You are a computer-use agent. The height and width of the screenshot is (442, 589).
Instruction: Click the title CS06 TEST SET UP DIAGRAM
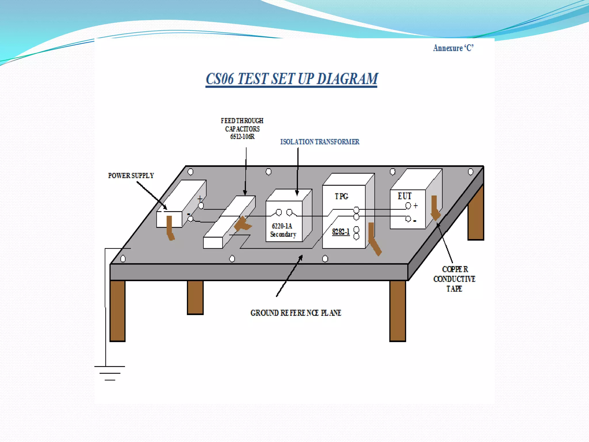[x=292, y=79]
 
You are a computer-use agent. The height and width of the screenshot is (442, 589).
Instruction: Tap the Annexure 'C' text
[x=453, y=48]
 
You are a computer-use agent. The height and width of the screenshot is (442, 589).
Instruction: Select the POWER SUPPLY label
[x=131, y=176]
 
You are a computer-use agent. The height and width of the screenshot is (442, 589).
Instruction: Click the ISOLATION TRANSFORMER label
[x=320, y=142]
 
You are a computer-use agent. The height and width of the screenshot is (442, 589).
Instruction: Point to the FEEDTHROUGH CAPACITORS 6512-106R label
[x=242, y=129]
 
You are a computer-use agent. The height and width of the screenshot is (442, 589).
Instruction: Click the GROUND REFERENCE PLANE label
[x=296, y=313]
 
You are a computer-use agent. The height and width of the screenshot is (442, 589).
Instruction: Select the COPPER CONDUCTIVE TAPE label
[x=454, y=279]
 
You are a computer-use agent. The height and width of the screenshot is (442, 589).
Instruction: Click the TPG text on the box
[x=341, y=196]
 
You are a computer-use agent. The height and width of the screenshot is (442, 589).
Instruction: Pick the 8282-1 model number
[x=341, y=232]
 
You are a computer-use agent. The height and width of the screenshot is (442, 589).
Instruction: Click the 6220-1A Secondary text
[x=283, y=230]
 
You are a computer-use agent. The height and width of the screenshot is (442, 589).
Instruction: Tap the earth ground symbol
[x=110, y=373]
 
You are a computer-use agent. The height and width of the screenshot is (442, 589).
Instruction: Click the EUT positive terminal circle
[x=408, y=205]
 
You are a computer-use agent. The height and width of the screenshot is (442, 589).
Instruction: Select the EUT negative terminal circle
[x=408, y=219]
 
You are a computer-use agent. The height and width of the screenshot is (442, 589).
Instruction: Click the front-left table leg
[x=117, y=311]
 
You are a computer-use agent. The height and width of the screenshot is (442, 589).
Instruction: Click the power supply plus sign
[x=200, y=199]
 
